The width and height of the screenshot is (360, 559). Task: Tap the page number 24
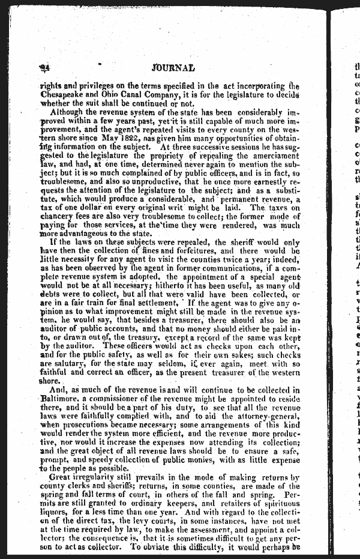click(44, 68)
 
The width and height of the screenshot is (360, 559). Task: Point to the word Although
click(70, 112)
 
